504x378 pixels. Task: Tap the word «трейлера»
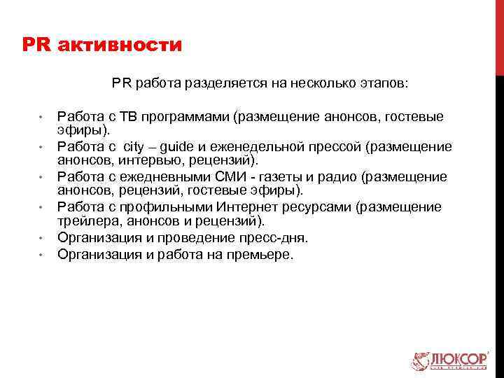coord(83,222)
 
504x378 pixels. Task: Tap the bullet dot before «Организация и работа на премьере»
coord(43,254)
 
